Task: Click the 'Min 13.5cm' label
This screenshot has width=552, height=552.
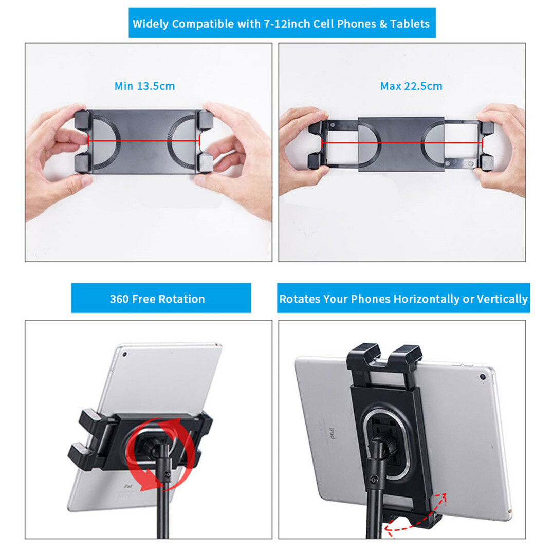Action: coord(144,86)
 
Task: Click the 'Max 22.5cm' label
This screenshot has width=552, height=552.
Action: coord(411,86)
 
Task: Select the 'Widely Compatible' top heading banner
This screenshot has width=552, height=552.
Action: coord(281,24)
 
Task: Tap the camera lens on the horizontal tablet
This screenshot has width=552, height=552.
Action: coord(483,377)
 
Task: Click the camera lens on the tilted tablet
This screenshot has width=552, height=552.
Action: coord(124,354)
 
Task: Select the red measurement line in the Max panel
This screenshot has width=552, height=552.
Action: coord(401,142)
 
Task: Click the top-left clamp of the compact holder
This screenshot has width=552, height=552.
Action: coord(82,120)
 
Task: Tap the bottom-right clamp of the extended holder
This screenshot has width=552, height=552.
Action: coord(486,161)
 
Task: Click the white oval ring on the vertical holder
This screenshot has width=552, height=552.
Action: coord(389,445)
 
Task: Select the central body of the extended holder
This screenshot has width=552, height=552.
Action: coord(400,143)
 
